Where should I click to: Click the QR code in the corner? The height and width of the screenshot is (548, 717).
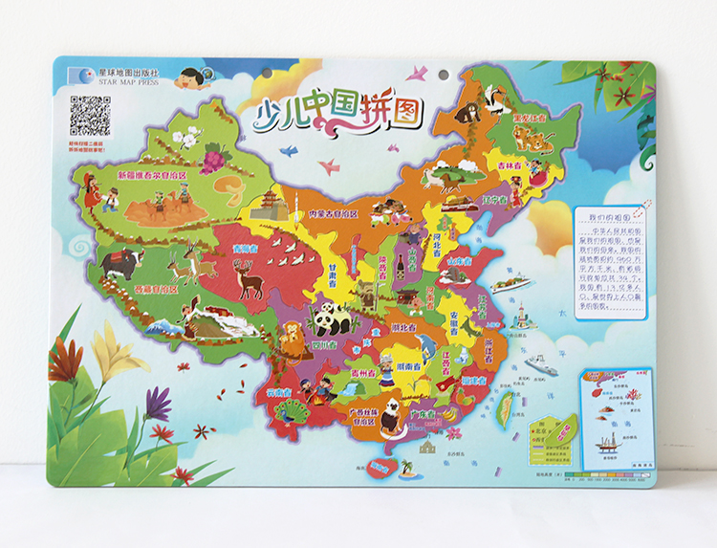(90, 115)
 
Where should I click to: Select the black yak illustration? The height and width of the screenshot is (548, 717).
(122, 262)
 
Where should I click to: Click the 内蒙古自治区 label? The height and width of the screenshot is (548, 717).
(333, 214)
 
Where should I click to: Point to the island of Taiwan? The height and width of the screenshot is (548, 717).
(504, 408)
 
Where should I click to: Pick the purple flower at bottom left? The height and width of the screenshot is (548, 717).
(159, 403)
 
